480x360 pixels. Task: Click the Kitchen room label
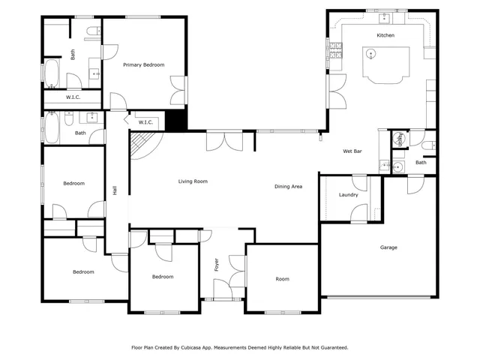pos(385,35)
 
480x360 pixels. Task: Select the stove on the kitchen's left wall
pos(335,52)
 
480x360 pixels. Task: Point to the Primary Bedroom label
pos(143,65)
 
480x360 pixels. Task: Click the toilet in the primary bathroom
pos(92,31)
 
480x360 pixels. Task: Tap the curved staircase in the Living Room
pos(140,145)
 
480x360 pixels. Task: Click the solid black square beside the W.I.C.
pos(175,119)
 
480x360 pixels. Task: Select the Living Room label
pos(193,181)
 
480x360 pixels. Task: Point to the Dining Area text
pos(288,186)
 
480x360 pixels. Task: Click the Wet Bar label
pos(352,151)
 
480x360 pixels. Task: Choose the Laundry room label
pos(348,195)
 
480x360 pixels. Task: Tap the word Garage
pos(388,247)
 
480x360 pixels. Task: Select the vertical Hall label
pos(115,190)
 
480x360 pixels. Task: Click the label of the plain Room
pos(282,279)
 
